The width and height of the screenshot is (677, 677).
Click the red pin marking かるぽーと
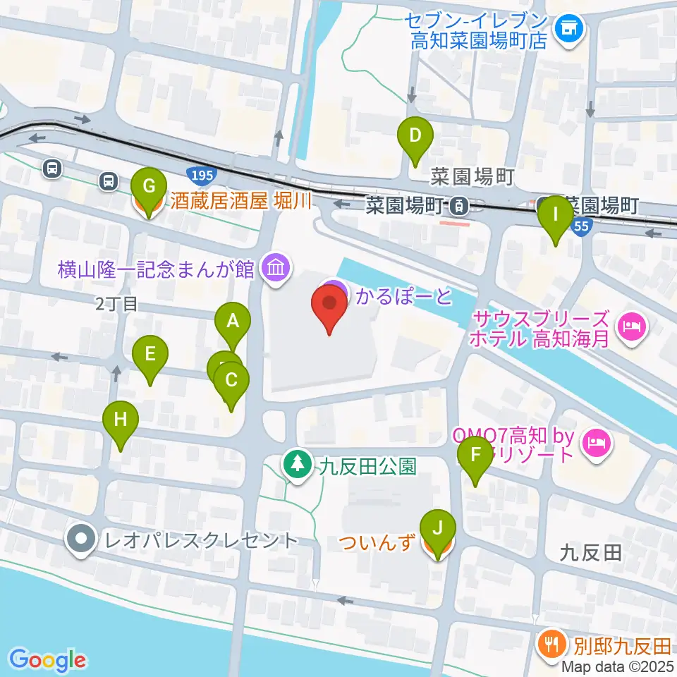tap(329, 307)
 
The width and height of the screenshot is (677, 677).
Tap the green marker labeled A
tap(233, 322)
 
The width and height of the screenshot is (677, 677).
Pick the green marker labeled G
tap(149, 187)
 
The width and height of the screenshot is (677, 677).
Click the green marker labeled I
tap(556, 214)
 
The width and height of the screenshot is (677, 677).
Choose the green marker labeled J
tap(438, 528)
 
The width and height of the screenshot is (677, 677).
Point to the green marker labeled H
tap(121, 420)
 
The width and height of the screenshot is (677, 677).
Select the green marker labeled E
tap(150, 353)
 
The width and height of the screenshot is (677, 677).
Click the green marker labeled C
tap(231, 381)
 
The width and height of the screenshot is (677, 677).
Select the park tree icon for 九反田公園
tap(298, 465)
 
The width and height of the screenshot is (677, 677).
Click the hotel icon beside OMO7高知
tap(597, 444)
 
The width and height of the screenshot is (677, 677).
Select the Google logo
tap(47, 660)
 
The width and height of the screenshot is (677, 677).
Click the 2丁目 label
tap(120, 304)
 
